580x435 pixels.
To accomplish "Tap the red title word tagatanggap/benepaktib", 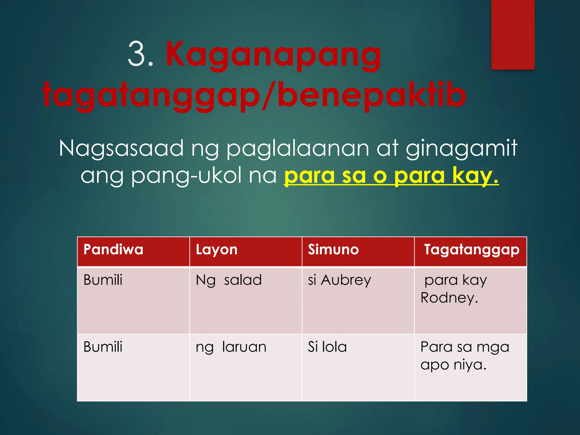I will [254, 95].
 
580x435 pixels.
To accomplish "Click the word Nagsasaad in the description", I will [121, 148].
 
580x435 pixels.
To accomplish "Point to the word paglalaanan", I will [297, 149].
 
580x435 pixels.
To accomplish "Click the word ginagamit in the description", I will [461, 149].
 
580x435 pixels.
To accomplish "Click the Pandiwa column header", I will [113, 250].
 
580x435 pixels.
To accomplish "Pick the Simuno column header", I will [333, 250].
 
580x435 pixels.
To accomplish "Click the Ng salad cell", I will [229, 280].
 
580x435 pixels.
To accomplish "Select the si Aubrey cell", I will [339, 280].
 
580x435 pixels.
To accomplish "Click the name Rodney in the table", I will [449, 298].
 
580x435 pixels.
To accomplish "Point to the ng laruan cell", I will [231, 347].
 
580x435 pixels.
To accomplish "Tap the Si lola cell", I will [327, 347].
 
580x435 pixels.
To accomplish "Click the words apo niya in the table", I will [453, 365].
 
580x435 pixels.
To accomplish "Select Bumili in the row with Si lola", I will [103, 347].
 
